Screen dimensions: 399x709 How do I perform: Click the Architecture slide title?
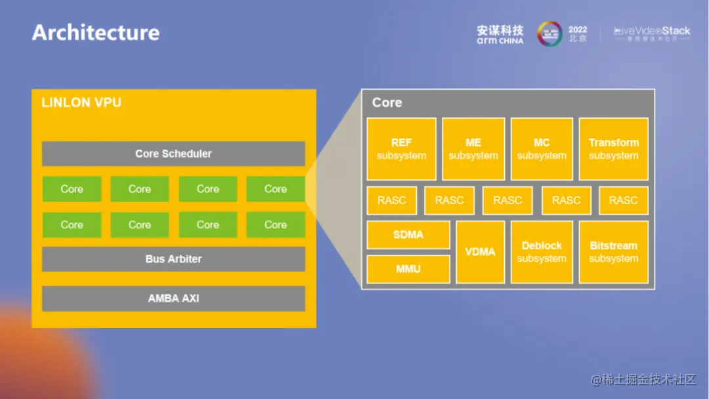(96, 33)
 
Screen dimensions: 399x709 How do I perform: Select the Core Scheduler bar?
(173, 154)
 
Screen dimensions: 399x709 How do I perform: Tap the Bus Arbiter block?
(173, 259)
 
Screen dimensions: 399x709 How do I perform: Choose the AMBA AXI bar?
(173, 298)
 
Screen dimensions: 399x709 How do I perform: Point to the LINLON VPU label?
(81, 103)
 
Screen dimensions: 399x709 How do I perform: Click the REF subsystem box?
(401, 149)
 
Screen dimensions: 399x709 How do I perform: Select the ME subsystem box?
(473, 149)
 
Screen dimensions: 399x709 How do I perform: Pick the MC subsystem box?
(542, 149)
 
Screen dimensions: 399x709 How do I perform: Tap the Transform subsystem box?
(613, 149)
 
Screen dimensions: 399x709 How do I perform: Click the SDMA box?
(408, 235)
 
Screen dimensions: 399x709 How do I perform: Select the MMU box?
(408, 269)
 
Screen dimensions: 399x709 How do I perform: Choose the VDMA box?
(480, 252)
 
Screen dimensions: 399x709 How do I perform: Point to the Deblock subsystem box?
(542, 252)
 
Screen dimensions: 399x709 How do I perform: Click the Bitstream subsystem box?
(613, 252)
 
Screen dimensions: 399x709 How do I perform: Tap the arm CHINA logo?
(500, 35)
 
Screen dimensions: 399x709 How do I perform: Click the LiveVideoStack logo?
(652, 33)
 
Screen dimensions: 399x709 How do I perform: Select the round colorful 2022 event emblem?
(549, 34)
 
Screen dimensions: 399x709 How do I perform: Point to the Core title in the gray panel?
(387, 103)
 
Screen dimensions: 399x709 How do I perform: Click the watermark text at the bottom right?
(643, 379)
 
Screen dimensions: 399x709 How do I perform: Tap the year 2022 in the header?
(578, 30)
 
